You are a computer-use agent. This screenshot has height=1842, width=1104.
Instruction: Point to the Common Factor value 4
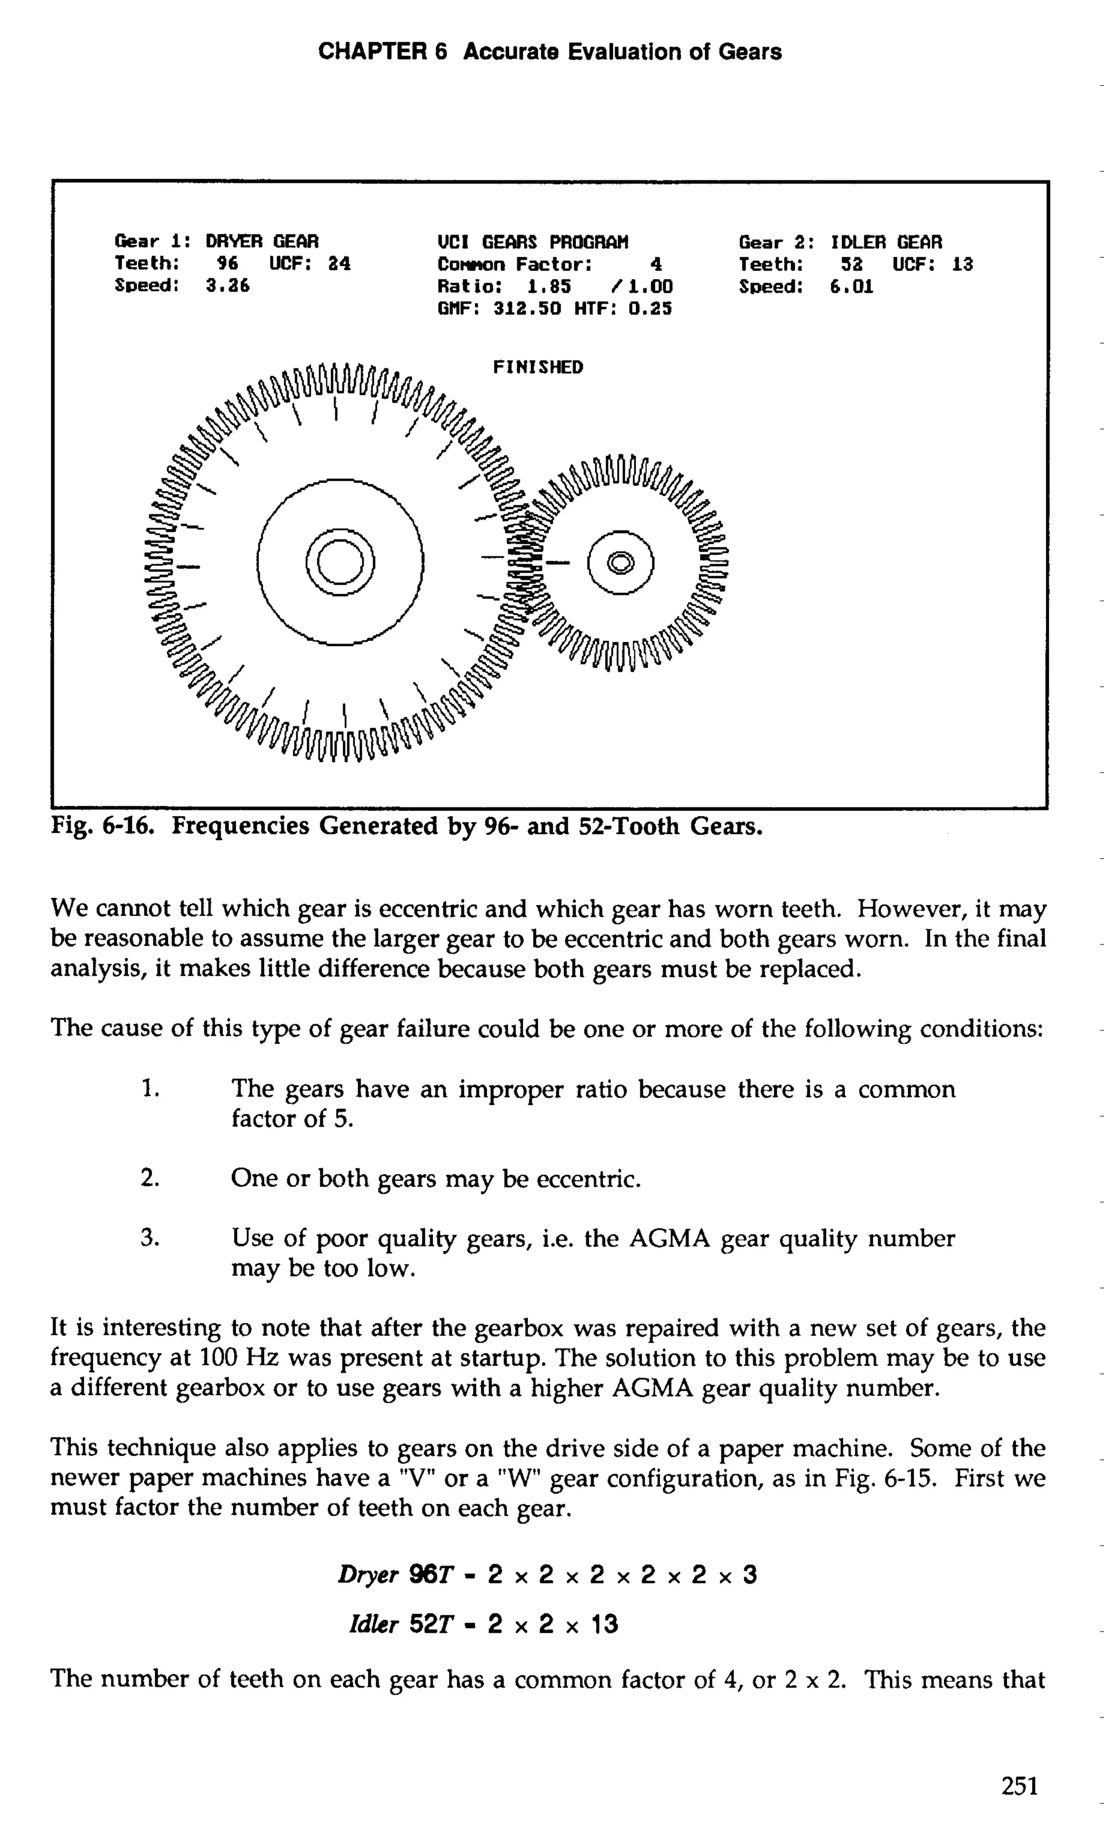pos(655,265)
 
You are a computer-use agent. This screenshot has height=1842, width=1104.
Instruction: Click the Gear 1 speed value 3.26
pos(227,286)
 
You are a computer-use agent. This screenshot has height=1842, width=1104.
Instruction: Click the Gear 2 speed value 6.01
pos(851,286)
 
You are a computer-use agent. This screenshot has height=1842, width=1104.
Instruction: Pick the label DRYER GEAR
pos(262,242)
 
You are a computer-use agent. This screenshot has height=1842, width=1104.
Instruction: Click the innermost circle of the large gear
pos(341,562)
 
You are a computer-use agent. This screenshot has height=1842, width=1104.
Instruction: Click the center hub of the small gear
pos(620,563)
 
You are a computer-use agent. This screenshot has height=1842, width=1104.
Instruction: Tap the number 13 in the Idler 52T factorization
pos(604,1624)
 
